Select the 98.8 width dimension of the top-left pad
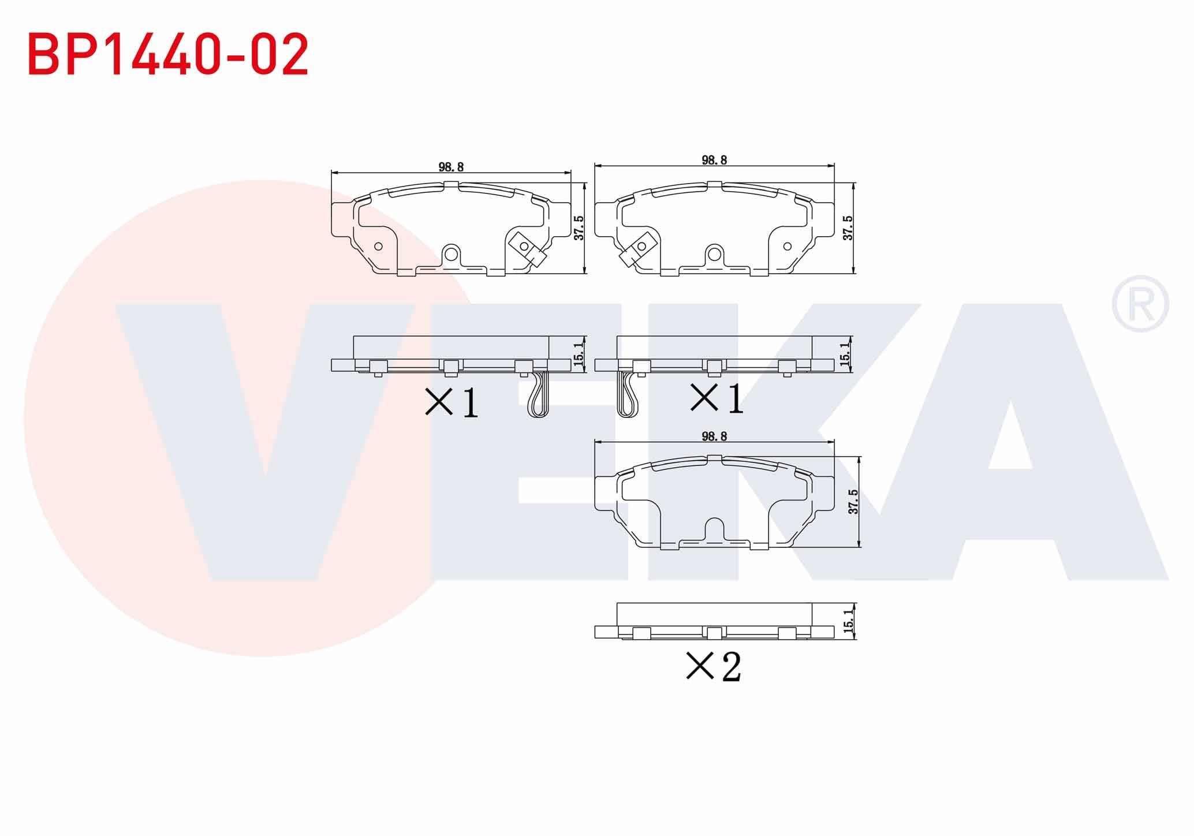[x=452, y=167]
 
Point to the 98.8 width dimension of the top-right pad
[x=714, y=160]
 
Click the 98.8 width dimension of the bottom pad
[x=714, y=436]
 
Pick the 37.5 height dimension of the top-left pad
[x=579, y=228]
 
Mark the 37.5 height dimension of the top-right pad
[x=847, y=228]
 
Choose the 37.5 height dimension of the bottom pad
[x=854, y=501]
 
